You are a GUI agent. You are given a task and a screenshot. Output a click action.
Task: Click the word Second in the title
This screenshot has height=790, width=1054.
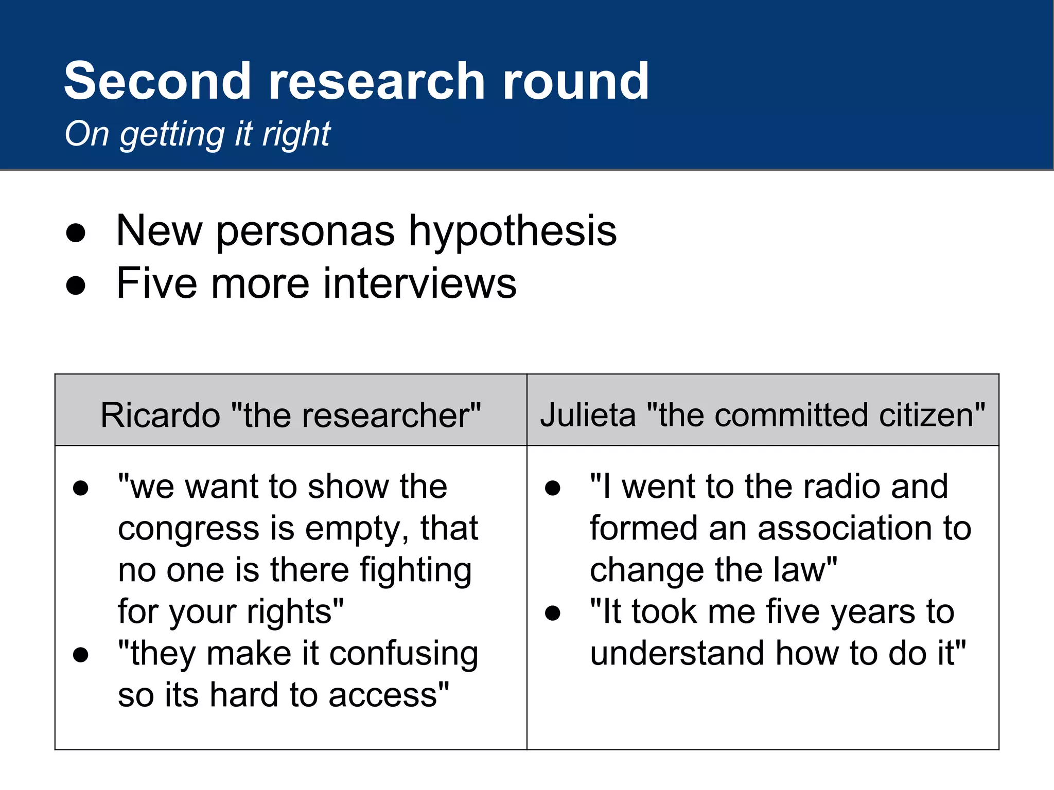click(x=157, y=81)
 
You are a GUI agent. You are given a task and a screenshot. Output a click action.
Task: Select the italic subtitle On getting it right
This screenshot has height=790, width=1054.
click(x=197, y=134)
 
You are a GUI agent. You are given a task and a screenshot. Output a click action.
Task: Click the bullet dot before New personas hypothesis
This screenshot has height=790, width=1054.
click(x=76, y=232)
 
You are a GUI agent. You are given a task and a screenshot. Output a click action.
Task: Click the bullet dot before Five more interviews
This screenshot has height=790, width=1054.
click(x=76, y=285)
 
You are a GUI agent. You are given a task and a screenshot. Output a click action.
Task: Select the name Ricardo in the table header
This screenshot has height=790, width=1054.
click(x=160, y=415)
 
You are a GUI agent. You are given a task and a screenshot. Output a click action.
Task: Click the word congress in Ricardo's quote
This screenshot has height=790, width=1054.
click(x=188, y=529)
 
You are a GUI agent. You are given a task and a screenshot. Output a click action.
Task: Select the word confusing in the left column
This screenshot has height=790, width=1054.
click(x=403, y=654)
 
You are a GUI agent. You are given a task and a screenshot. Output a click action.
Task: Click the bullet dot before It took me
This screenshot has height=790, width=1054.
click(x=553, y=613)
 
